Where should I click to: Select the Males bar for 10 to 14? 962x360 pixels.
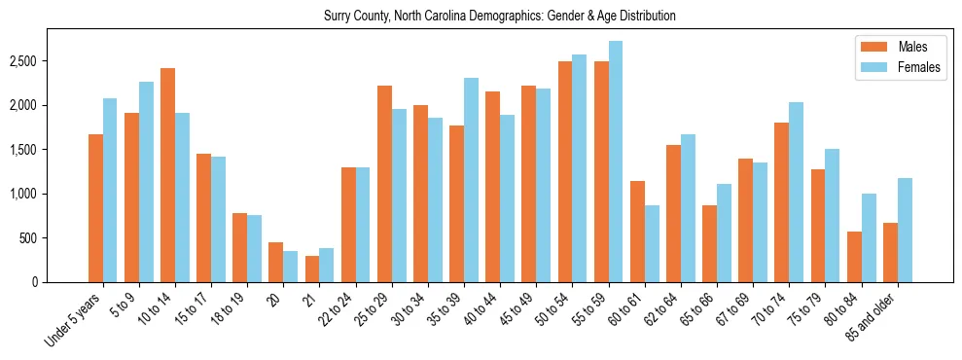click(167, 175)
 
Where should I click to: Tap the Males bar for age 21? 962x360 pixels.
click(312, 269)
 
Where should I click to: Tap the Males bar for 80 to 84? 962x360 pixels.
click(854, 257)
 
